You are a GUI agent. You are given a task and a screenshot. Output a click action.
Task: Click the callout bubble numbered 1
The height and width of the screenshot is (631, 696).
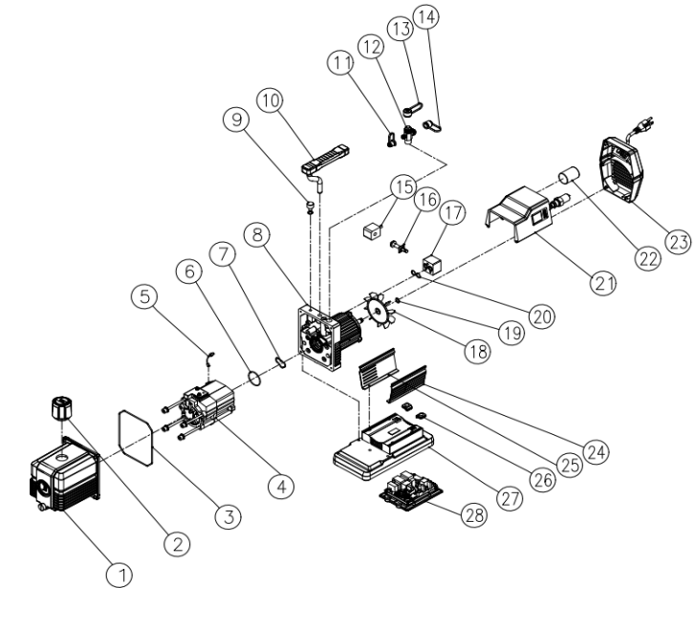[120, 574]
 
